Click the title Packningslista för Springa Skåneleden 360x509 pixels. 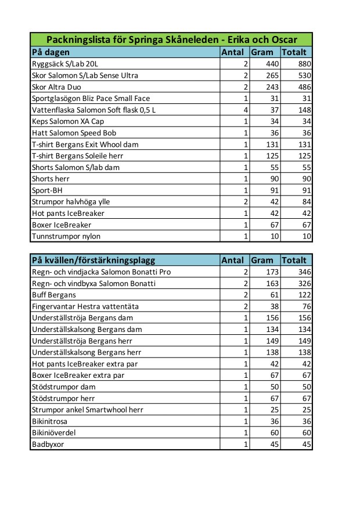(171, 40)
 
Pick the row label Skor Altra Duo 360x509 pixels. (56, 87)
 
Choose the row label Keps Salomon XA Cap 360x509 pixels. (68, 121)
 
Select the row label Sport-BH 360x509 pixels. (46, 190)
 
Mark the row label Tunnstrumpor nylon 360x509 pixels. (65, 236)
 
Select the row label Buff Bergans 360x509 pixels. (53, 295)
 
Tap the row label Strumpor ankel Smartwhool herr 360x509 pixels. (87, 410)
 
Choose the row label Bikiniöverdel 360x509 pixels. (53, 433)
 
